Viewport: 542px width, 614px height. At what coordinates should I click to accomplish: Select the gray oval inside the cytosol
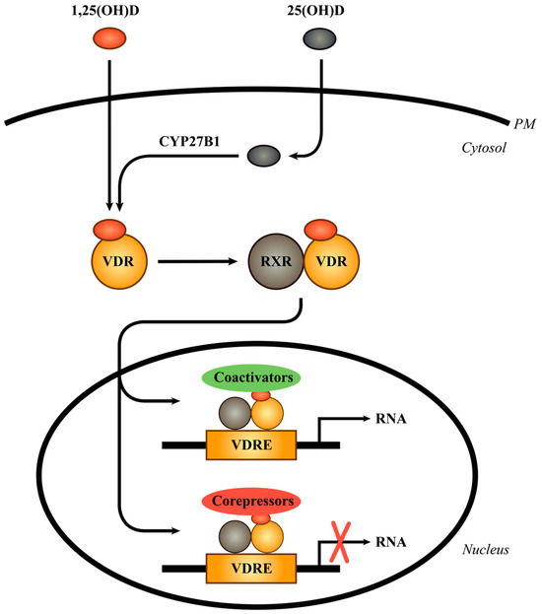(x=262, y=156)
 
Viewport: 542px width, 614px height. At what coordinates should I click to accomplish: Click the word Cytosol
(x=498, y=148)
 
